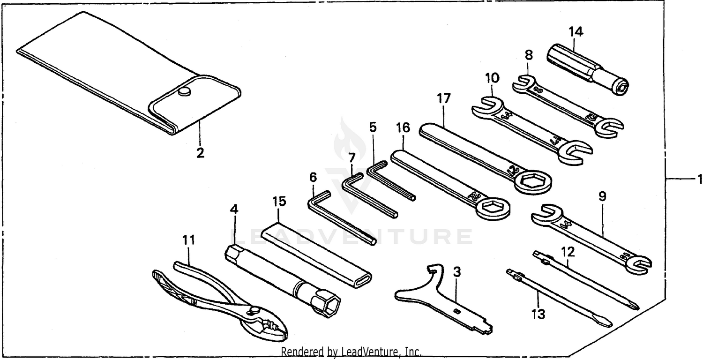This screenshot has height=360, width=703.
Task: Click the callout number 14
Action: [x=576, y=32]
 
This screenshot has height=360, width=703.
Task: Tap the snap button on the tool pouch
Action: [x=186, y=92]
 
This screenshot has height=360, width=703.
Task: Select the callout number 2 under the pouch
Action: [x=200, y=153]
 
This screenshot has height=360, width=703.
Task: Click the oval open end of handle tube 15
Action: [x=364, y=280]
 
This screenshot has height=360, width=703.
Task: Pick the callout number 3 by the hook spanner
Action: [x=457, y=271]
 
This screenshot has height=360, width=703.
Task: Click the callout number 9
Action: [x=602, y=196]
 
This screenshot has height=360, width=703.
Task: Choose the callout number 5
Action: [x=373, y=127]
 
